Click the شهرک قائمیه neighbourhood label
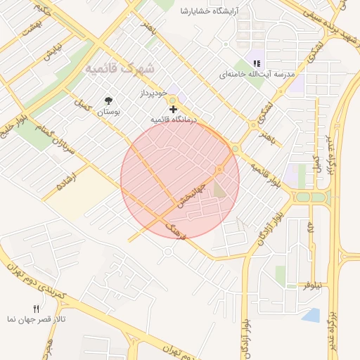pyautogui.click(x=116, y=70)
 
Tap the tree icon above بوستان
pyautogui.click(x=108, y=101)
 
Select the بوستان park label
pyautogui.click(x=108, y=112)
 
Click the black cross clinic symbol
pyautogui.click(x=173, y=109)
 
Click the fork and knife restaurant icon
pyautogui.click(x=36, y=309)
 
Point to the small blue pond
pyautogui.click(x=311, y=315)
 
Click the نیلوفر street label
pyautogui.click(x=312, y=285)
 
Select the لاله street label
pyautogui.click(x=310, y=228)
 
